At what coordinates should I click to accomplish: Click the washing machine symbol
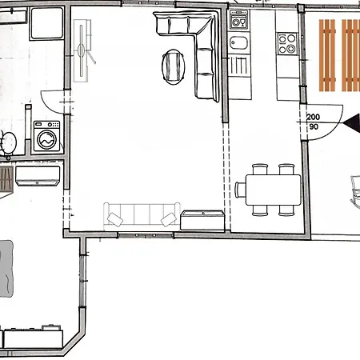pos(46,136)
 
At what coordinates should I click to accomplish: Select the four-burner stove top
pos(287,44)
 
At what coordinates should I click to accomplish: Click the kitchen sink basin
pos(238,43)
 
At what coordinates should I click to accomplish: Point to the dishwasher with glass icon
pos(238,19)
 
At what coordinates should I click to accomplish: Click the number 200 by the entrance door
pos(313,117)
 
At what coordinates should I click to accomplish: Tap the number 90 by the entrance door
pos(314,126)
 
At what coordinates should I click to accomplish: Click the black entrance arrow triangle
pos(352,122)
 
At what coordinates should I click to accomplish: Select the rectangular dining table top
pos(274,190)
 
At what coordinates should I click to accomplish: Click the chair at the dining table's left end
pos(240,190)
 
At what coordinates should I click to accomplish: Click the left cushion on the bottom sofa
pos(115,219)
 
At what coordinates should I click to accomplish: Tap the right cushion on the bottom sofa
pos(169,219)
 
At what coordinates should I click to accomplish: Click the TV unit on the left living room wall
pos(82,50)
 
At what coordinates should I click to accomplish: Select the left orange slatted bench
pos(327,55)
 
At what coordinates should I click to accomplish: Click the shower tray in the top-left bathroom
pos(47,23)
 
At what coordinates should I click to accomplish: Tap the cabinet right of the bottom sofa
pos(202,220)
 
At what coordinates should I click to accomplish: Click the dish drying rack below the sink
pos(239,65)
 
